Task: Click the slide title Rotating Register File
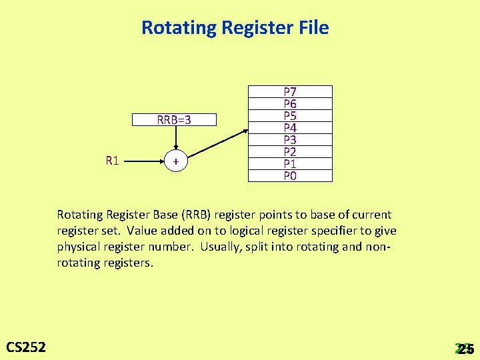[235, 28]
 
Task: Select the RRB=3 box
[175, 120]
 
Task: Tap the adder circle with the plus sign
[175, 162]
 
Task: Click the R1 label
[112, 161]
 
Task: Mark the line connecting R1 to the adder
[143, 161]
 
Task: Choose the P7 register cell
[290, 91]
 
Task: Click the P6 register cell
[290, 103]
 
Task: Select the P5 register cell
[290, 115]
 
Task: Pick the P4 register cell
[290, 127]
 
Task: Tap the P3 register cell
[290, 139]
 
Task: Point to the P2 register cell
[290, 151]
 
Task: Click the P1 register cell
[290, 163]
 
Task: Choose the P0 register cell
[290, 175]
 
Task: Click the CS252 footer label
[26, 347]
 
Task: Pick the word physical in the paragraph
[77, 247]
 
